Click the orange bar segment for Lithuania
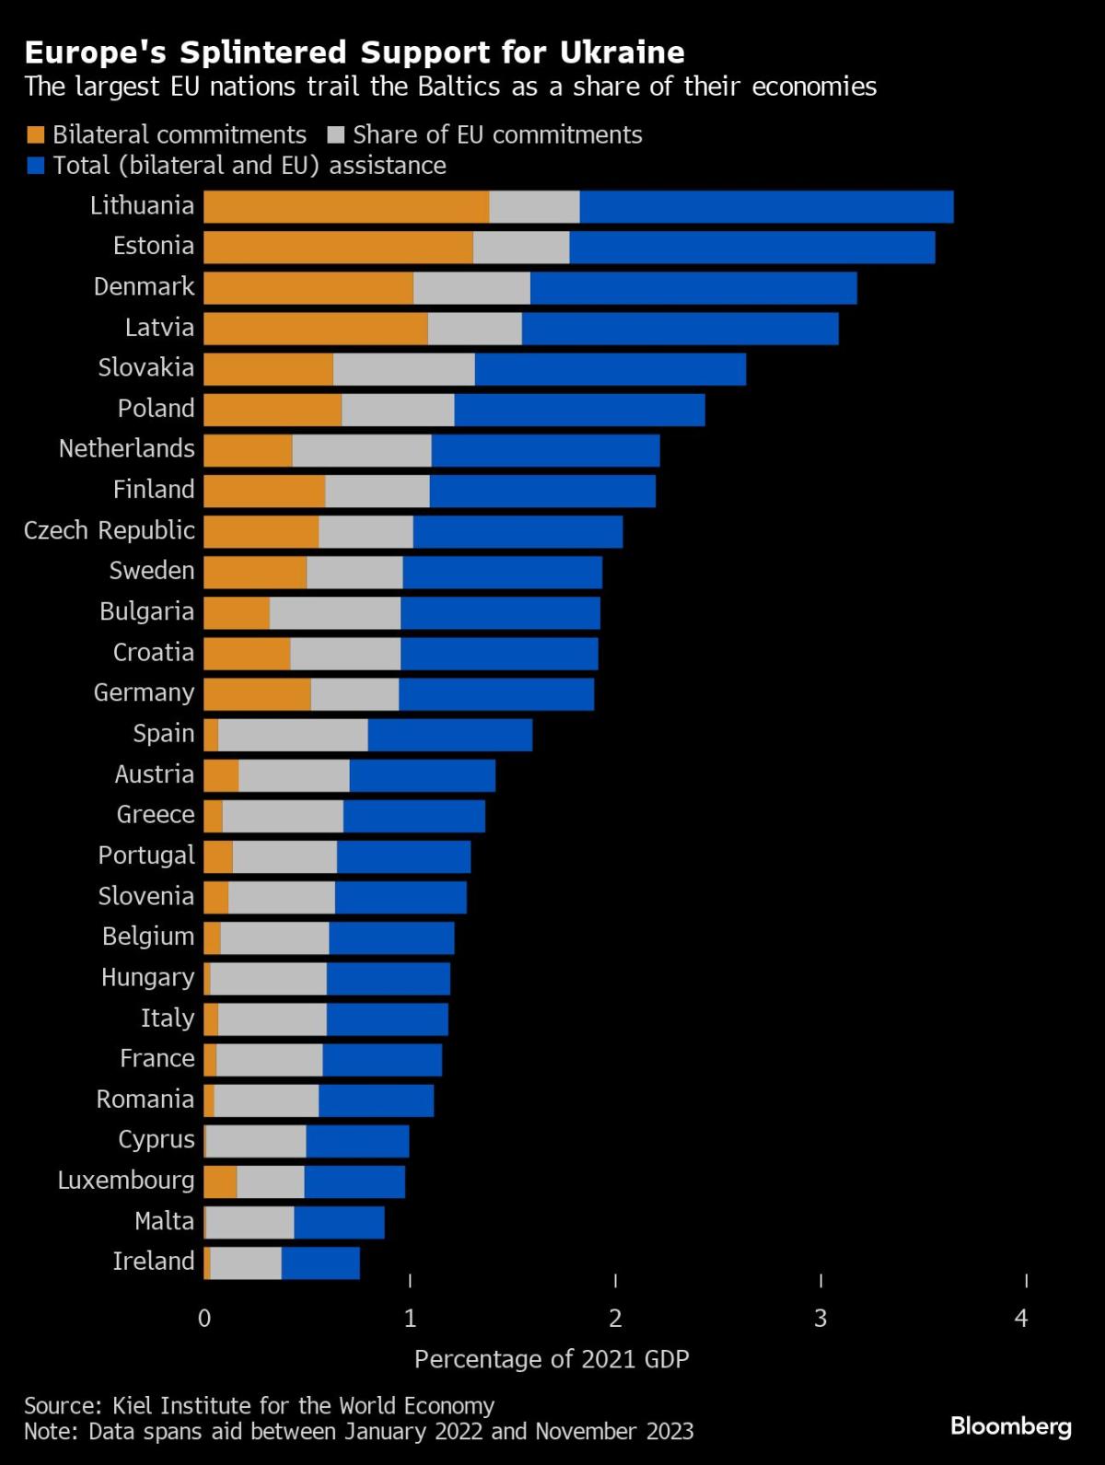tap(346, 206)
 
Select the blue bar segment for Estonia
tap(751, 248)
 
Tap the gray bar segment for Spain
tap(293, 735)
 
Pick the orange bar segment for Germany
tap(257, 694)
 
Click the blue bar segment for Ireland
tap(320, 1262)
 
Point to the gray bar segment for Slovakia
tap(403, 369)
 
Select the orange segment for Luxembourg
tap(220, 1181)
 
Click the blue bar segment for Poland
tap(579, 410)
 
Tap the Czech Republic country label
tap(110, 530)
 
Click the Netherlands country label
tap(127, 448)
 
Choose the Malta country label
tap(165, 1221)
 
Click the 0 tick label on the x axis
tap(204, 1319)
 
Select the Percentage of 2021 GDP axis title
tap(552, 1359)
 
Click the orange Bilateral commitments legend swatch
tap(36, 135)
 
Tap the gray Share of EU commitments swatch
tap(336, 135)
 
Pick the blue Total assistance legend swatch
tap(36, 166)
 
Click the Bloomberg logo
tap(1011, 1426)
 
